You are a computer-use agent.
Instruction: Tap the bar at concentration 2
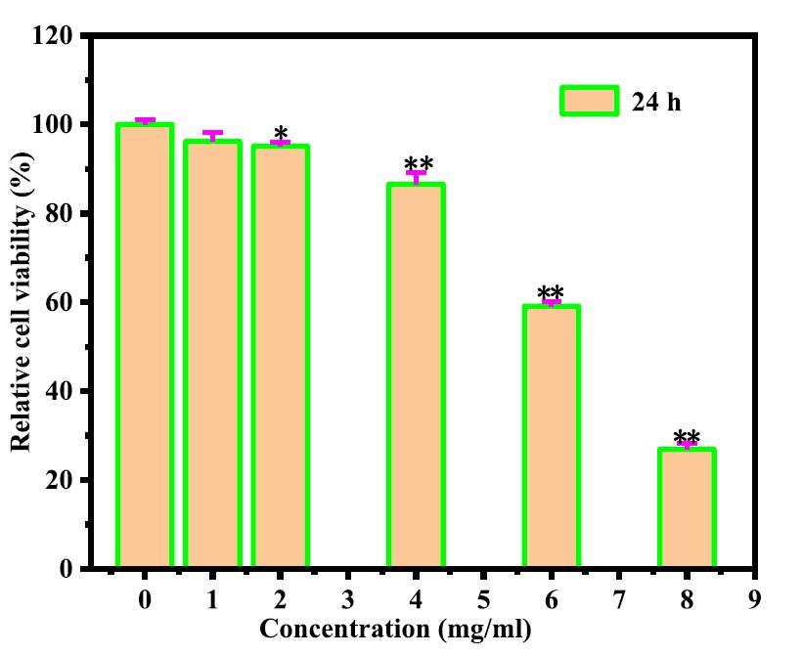point(281,356)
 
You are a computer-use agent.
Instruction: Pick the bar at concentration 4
point(416,375)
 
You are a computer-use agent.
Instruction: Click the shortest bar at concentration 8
point(687,507)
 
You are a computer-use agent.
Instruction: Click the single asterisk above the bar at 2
point(281,134)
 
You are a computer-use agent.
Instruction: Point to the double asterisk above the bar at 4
point(418,164)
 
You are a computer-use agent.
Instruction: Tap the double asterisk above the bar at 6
point(552,293)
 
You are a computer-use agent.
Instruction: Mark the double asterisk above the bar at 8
point(687,437)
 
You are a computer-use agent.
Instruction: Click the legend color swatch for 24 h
point(589,101)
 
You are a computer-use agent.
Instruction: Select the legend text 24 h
point(656,102)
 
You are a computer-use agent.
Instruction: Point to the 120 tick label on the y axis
point(53,36)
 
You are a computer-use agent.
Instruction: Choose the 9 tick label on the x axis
point(754,597)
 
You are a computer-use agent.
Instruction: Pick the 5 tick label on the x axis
point(483,597)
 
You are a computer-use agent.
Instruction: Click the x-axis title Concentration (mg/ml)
point(395,629)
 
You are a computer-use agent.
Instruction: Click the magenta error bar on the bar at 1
point(212,135)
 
